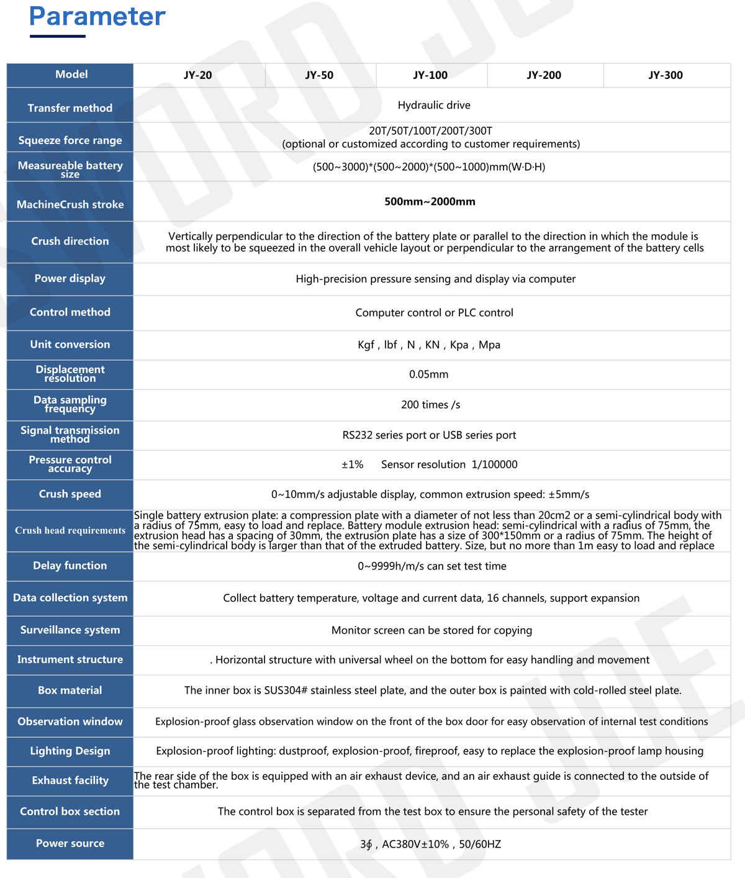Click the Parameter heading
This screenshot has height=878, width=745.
pyautogui.click(x=97, y=17)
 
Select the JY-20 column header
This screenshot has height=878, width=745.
pyautogui.click(x=198, y=75)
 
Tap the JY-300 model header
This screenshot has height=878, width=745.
pyautogui.click(x=666, y=75)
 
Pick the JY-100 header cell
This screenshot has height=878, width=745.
pyautogui.click(x=430, y=75)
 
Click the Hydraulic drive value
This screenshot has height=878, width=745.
pyautogui.click(x=434, y=106)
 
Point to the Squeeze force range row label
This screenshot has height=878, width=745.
pyautogui.click(x=70, y=140)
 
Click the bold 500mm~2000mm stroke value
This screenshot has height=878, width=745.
pyautogui.click(x=430, y=202)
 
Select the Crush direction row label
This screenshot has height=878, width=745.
pyautogui.click(x=70, y=242)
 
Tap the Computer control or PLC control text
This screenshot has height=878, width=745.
pyautogui.click(x=434, y=313)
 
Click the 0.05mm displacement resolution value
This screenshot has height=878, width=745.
pyautogui.click(x=428, y=374)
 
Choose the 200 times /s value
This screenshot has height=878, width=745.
pyautogui.click(x=430, y=405)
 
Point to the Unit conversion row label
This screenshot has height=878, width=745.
pyautogui.click(x=70, y=345)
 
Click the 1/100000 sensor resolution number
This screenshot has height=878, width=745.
pyautogui.click(x=494, y=464)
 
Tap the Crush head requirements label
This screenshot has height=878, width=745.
pyautogui.click(x=70, y=530)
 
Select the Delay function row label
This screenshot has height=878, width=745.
pyautogui.click(x=70, y=566)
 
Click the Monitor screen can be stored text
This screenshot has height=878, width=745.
pyautogui.click(x=431, y=630)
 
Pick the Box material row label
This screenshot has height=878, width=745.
pyautogui.click(x=70, y=690)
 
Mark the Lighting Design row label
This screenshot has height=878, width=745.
pyautogui.click(x=70, y=751)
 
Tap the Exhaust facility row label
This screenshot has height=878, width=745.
pyautogui.click(x=70, y=781)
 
